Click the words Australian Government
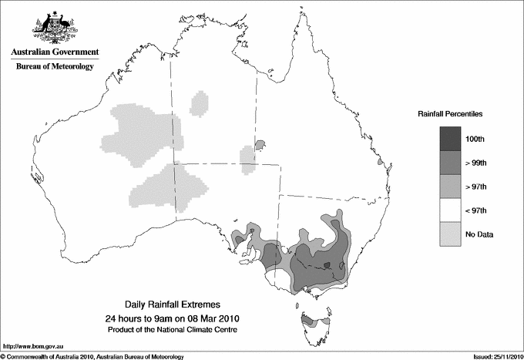[55, 53]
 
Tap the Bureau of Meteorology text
[55, 67]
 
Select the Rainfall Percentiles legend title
[450, 113]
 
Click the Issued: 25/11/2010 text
[495, 356]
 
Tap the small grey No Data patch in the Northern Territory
[248, 159]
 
